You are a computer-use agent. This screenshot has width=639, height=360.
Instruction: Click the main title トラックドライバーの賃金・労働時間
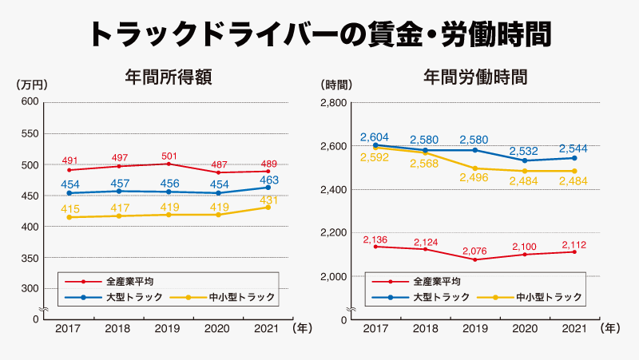pos(320,34)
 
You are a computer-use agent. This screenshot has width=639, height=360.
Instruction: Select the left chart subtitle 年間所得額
pos(169,77)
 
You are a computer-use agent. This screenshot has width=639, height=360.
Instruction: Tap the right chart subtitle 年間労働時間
pos(475,77)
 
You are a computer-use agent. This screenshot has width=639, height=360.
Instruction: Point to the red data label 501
pos(169,156)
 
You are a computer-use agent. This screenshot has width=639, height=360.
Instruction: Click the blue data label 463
pos(269,180)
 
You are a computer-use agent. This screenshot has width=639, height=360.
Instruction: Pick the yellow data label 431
pos(268,200)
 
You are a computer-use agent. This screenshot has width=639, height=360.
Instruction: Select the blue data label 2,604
pos(375,137)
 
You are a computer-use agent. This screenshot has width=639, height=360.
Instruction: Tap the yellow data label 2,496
pos(474,177)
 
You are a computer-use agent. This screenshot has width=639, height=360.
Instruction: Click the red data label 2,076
pos(474,251)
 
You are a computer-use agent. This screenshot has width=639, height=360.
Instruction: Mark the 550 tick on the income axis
pos(30,133)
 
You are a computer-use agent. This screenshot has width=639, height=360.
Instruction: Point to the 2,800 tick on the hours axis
pos(334,103)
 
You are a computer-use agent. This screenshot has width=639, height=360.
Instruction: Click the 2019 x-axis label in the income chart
pos(167,328)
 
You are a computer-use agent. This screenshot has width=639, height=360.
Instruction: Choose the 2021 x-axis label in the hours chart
pos(574,328)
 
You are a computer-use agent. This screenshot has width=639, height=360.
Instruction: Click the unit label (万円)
pos(32,85)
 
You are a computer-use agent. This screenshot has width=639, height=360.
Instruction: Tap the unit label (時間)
pos(336,85)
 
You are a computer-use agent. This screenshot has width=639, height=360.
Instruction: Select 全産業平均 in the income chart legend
pos(130,282)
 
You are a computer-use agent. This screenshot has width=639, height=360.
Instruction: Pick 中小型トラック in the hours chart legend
pos(549,297)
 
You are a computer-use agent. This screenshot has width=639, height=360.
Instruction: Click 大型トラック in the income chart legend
pos(134,297)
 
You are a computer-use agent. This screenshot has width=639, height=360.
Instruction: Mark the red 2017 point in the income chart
pos(69,170)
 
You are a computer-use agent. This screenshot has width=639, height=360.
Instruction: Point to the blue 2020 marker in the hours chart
pos(525,161)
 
